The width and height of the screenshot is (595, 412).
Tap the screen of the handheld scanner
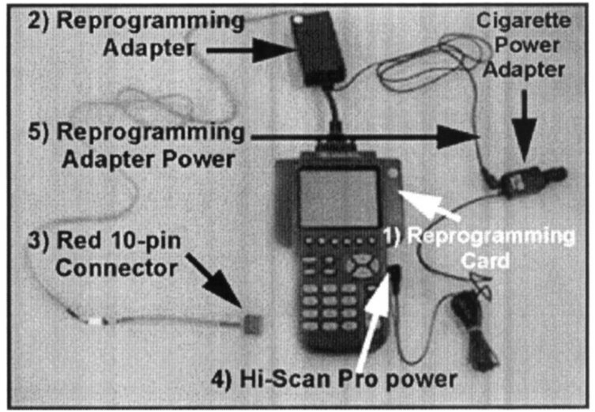[338, 198]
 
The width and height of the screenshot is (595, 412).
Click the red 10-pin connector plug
[250, 324]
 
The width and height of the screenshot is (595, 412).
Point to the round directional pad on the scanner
[363, 265]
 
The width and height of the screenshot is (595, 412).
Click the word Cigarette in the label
[523, 21]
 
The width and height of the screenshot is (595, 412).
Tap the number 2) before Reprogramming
[38, 21]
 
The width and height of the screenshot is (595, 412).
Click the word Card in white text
[484, 260]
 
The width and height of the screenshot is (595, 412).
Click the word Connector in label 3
[116, 268]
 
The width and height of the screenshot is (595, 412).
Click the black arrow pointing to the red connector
[213, 280]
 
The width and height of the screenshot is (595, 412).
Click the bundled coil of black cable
[477, 330]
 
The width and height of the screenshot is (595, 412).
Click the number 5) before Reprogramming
[38, 133]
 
